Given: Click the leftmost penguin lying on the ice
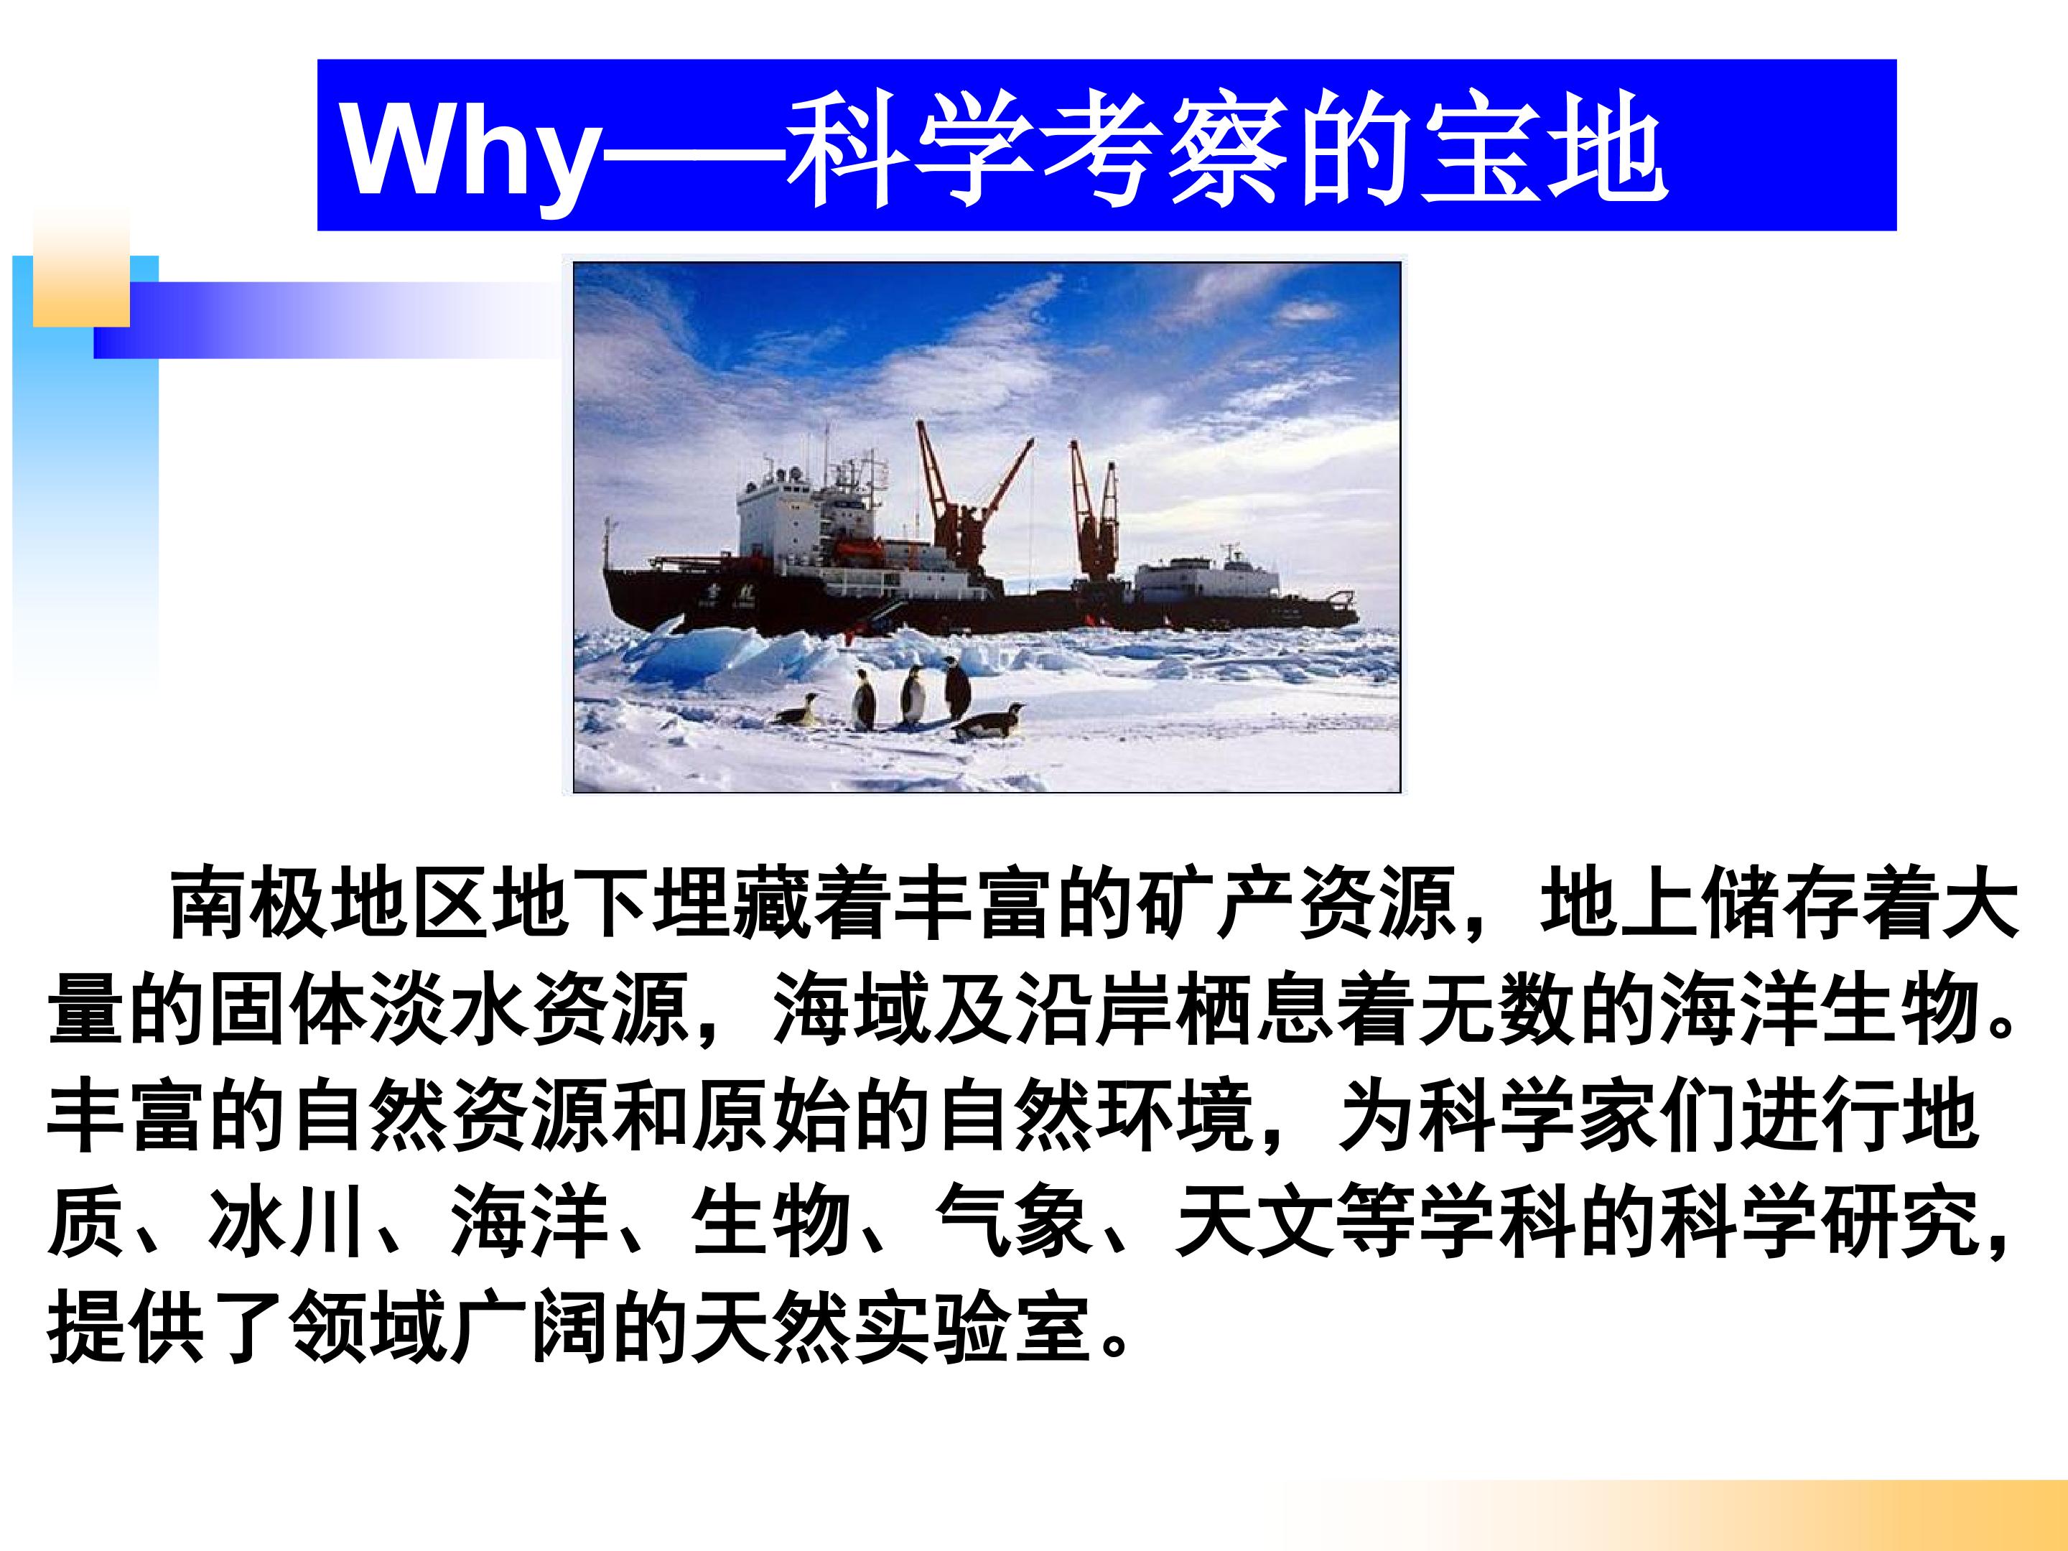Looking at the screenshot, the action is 796,711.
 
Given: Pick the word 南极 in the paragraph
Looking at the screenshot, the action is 248,905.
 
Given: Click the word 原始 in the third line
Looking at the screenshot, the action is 772,1117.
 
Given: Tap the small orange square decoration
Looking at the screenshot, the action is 81,269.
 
